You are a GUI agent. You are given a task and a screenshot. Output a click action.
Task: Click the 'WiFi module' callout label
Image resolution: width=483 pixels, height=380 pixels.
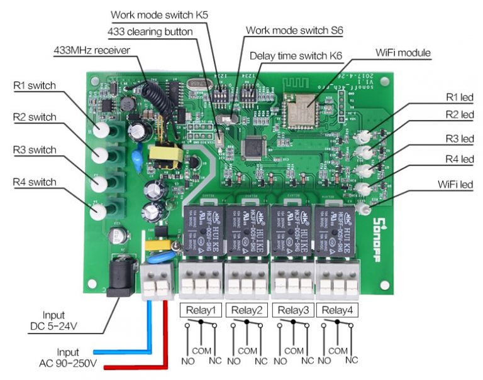pos(403,53)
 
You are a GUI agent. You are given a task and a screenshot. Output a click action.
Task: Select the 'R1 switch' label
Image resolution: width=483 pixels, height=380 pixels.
pos(35,85)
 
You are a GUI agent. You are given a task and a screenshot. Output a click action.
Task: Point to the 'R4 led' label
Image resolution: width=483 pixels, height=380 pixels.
pos(459,160)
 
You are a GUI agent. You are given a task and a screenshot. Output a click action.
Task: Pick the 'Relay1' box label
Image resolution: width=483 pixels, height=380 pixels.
pos(201,310)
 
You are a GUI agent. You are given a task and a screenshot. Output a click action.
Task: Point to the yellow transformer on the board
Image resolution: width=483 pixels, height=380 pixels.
pos(165,158)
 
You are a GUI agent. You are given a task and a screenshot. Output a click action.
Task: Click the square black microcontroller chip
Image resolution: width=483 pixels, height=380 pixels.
pos(253,147)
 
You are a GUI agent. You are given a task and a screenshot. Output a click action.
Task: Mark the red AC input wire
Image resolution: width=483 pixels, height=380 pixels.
pos(165,339)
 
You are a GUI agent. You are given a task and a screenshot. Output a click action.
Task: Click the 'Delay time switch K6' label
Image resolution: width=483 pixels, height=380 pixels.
pos(296,55)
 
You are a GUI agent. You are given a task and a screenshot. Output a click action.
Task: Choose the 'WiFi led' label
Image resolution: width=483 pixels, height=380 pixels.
pos(456,185)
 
